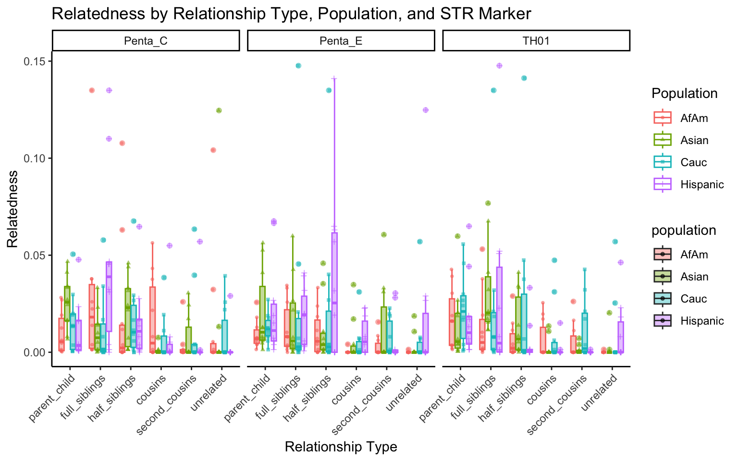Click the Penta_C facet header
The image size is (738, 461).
pos(146,41)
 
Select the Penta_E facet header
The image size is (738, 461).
pos(341,41)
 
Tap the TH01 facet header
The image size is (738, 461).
pos(536,41)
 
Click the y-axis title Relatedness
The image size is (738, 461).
pos(12,209)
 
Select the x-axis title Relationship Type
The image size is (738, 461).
pos(341,447)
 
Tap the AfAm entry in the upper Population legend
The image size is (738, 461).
pos(694,118)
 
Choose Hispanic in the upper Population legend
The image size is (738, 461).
pos(701,184)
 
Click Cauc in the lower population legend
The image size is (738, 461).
pos(694,299)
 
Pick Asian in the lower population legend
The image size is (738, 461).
pos(694,277)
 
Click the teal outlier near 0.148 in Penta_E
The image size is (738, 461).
pos(298,66)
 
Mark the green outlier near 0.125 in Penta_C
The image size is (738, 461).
pos(219,110)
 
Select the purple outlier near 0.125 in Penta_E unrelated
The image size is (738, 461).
pos(425,110)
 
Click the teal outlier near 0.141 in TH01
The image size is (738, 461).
pos(524,78)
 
